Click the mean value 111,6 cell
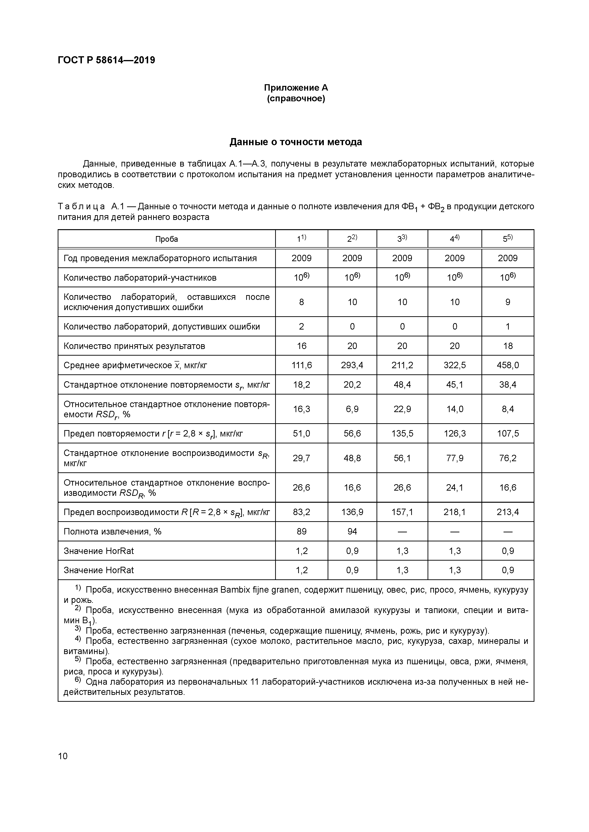pos(302,365)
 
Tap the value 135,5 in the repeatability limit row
pos(402,434)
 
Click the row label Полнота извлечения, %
pos(113,532)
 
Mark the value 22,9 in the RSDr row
pos(402,409)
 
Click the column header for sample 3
pos(402,239)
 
